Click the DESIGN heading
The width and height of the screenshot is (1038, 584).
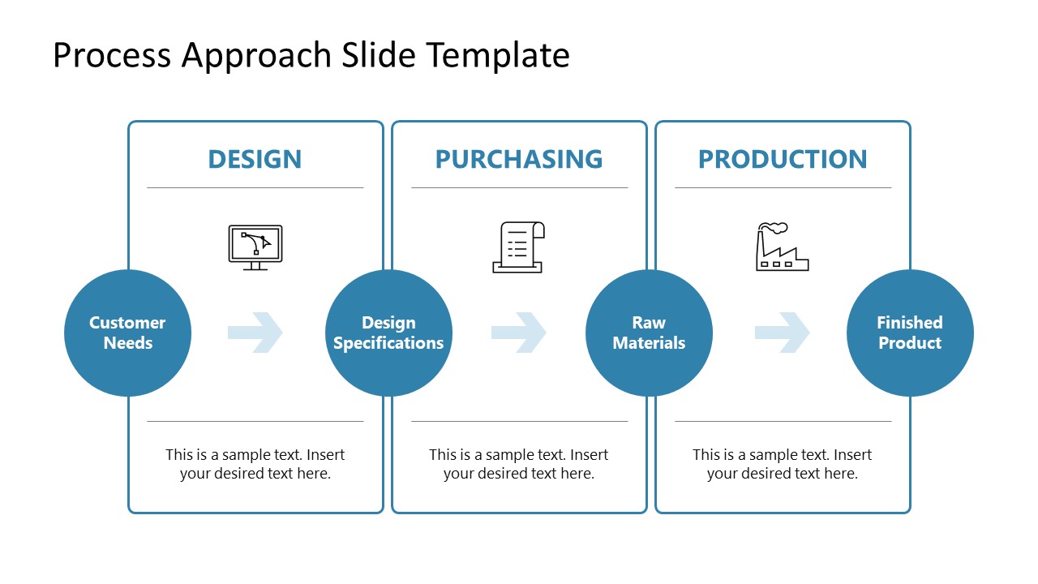tap(255, 159)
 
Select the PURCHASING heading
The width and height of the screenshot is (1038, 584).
tap(519, 159)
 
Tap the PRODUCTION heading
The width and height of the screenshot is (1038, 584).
tap(783, 159)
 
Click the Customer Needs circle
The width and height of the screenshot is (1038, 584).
tap(127, 333)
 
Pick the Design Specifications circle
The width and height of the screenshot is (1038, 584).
tap(388, 333)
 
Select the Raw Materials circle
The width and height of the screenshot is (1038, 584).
tap(649, 333)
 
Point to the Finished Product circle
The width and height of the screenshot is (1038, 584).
tap(910, 333)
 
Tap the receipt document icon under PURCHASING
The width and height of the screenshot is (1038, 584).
tap(519, 247)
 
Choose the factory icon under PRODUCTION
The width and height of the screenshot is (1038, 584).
tap(782, 248)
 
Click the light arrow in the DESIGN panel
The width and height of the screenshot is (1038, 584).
tap(255, 333)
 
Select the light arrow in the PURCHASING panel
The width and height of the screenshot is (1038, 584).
tap(519, 333)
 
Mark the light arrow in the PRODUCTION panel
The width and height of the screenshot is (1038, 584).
tap(783, 333)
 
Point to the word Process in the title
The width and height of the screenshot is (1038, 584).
tap(112, 55)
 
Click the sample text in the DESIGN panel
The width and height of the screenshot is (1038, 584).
tap(255, 464)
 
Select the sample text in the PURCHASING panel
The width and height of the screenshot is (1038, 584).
tap(519, 464)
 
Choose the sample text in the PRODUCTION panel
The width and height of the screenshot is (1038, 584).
tap(783, 464)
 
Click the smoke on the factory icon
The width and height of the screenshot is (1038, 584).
tap(774, 228)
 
